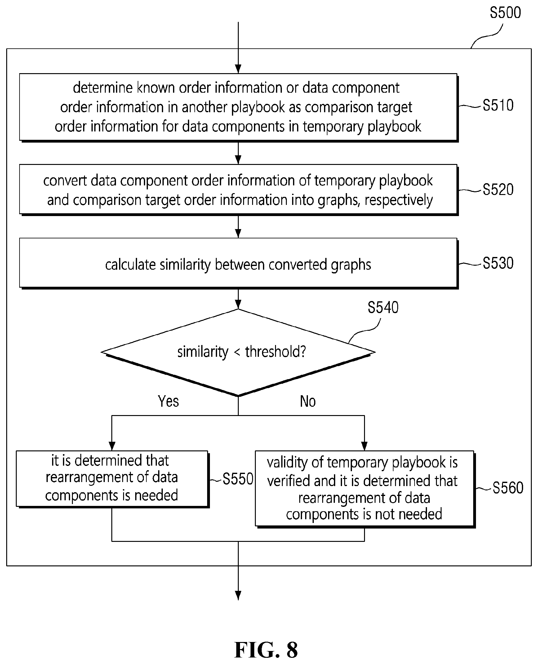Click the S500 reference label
(x=505, y=13)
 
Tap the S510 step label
(x=498, y=105)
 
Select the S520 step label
(x=498, y=189)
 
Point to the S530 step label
(x=498, y=263)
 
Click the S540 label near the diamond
(x=383, y=308)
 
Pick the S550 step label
(x=238, y=479)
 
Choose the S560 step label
(x=508, y=488)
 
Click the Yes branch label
(x=168, y=401)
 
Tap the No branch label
(x=308, y=401)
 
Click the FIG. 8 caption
(x=266, y=649)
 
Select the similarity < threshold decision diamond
(x=238, y=352)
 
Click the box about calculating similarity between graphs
(x=238, y=263)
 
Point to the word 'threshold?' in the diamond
(x=276, y=352)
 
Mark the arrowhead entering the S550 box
(x=112, y=446)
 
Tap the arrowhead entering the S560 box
(x=364, y=446)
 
